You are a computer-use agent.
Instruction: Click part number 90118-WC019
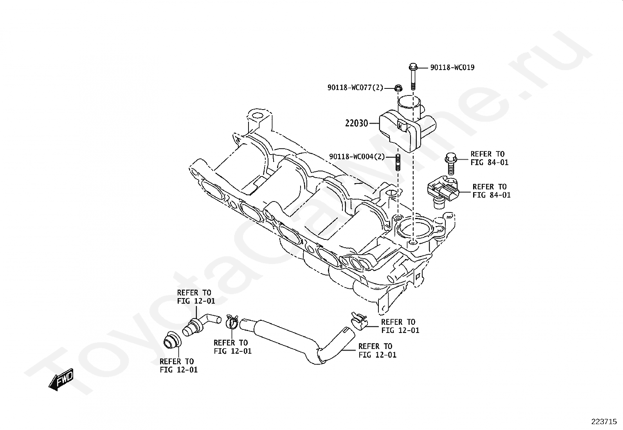pos(452,68)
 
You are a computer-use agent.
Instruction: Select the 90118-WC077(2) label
pos(355,88)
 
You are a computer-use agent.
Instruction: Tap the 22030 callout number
pos(356,123)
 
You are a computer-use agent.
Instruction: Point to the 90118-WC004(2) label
pos(357,157)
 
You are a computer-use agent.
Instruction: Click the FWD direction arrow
pos(61,380)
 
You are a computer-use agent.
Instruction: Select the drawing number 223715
pos(604,422)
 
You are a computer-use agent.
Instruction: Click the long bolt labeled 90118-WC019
pos(413,76)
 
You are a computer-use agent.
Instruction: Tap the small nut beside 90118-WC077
pos(398,88)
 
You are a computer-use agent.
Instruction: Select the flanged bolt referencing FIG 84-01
pos(450,164)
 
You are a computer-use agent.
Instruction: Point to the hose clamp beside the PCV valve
pos(232,322)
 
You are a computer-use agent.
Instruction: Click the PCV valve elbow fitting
pos(201,325)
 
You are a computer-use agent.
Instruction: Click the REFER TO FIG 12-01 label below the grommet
pos(178,366)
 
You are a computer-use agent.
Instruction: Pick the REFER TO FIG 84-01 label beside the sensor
pos(492,191)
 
